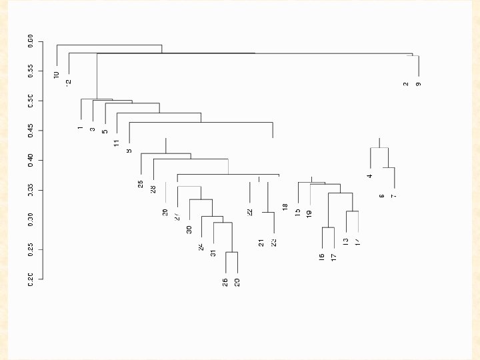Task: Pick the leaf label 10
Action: [x=57, y=75]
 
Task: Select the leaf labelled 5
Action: [x=105, y=131]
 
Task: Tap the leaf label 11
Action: [x=117, y=143]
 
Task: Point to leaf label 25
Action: [x=141, y=184]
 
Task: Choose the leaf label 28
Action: [x=153, y=189]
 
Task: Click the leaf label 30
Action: [x=189, y=229]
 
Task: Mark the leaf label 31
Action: [x=213, y=253]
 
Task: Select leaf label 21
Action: [x=261, y=242]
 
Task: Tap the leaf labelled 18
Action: [x=285, y=207]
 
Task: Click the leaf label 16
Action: [x=321, y=257]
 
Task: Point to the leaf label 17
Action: [x=333, y=257]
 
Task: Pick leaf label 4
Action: [x=369, y=176]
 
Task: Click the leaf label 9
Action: [x=418, y=84]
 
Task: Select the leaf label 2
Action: [x=405, y=84]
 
